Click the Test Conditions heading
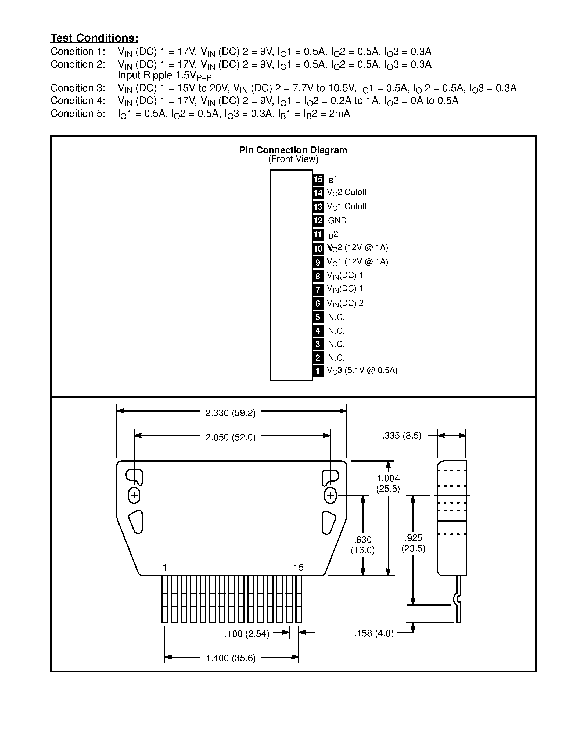(x=94, y=38)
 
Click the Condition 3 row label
(x=78, y=88)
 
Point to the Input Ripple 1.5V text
(x=164, y=76)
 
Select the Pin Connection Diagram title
(x=293, y=150)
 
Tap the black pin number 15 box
(x=318, y=179)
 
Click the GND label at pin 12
(x=337, y=221)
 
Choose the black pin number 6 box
(x=318, y=303)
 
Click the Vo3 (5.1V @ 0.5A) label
(x=362, y=371)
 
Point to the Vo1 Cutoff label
(x=346, y=206)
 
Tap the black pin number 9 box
(x=318, y=262)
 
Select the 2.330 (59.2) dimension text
(x=230, y=413)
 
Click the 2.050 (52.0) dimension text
(x=230, y=437)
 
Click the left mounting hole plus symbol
(x=134, y=496)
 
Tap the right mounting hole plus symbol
(x=331, y=496)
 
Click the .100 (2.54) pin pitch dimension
(x=247, y=634)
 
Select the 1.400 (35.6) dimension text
(x=231, y=658)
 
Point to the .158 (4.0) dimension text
(x=374, y=633)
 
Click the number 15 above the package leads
(x=298, y=568)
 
